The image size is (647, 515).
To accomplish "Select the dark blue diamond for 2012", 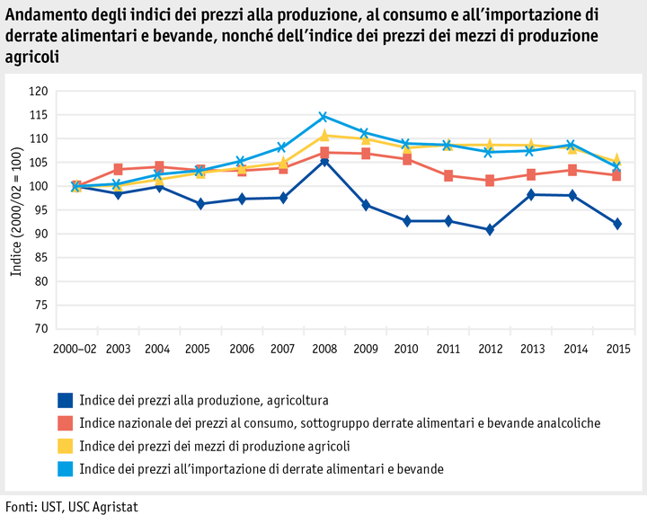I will coord(490,229).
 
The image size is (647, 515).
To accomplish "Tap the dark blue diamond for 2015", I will coord(617,224).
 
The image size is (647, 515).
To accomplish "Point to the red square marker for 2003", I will coord(119,169).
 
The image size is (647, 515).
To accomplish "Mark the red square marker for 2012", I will coord(490,181).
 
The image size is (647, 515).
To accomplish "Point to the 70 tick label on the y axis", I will coord(40,329).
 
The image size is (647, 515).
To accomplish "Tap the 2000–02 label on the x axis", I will coord(75,348).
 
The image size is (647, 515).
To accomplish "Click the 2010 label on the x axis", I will coord(407,348).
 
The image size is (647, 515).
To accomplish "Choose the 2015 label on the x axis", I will coord(617,348).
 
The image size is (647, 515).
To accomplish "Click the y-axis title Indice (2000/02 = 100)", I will coord(16,211).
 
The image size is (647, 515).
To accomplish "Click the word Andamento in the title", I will coord(42,14).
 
